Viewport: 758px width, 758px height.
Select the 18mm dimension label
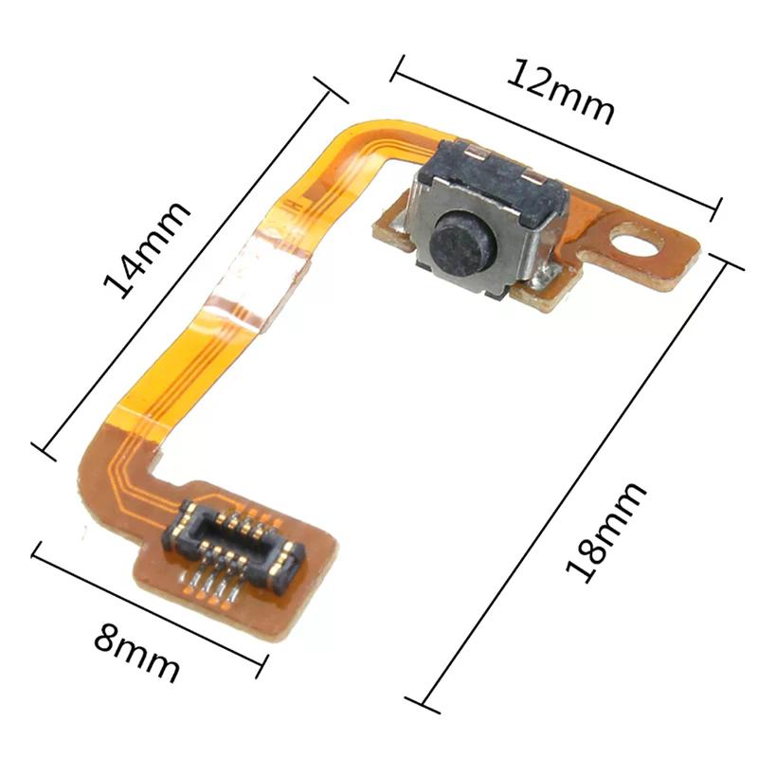[606, 531]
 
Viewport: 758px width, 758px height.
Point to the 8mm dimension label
[136, 654]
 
